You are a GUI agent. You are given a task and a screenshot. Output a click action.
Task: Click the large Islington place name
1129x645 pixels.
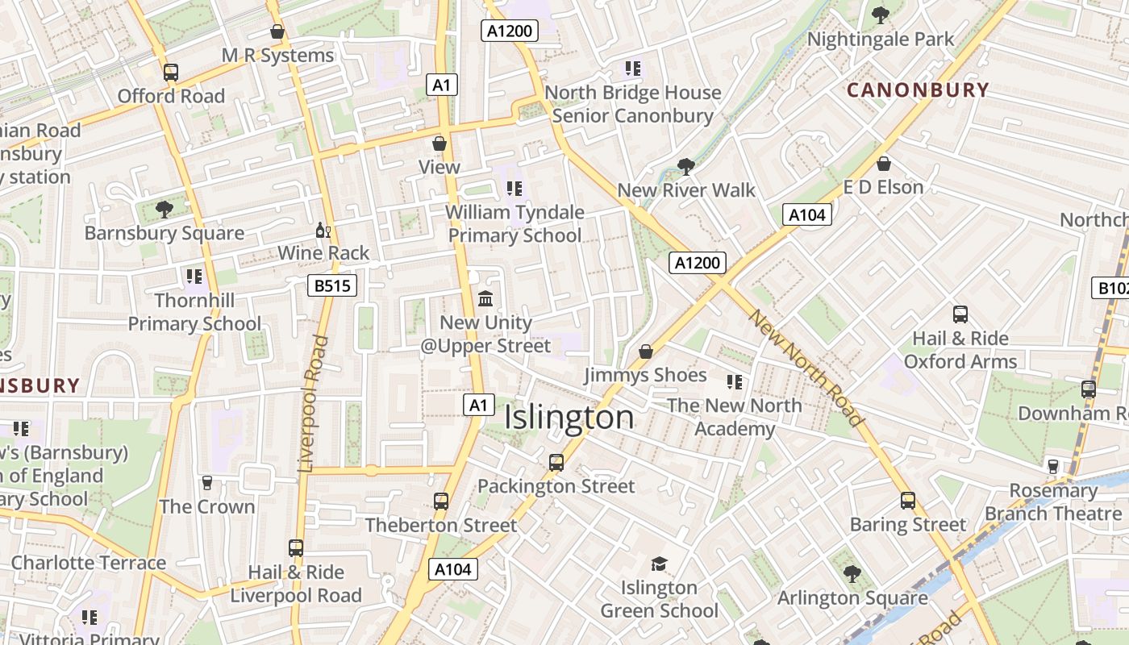(x=569, y=418)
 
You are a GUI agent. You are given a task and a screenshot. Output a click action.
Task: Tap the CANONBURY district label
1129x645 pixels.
(x=918, y=89)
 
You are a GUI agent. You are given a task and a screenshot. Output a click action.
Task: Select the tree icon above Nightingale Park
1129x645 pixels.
(x=881, y=15)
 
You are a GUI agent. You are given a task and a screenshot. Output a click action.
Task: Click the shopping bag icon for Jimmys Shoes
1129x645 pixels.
(x=645, y=352)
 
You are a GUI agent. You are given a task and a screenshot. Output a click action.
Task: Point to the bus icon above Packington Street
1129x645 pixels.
(x=556, y=463)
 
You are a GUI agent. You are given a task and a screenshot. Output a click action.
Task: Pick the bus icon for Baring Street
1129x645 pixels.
(x=908, y=501)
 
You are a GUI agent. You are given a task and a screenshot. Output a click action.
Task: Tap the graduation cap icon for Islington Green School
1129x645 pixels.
(x=659, y=564)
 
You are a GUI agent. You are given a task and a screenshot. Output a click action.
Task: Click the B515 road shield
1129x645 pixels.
(x=331, y=285)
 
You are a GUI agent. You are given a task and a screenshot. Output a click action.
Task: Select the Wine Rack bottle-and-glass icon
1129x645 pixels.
(x=323, y=231)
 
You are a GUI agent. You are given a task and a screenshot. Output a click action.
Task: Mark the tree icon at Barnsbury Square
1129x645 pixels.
(x=165, y=210)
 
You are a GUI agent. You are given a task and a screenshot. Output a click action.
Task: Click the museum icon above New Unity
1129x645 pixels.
(x=485, y=299)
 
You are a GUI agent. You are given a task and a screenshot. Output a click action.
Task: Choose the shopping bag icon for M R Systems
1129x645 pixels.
(x=277, y=32)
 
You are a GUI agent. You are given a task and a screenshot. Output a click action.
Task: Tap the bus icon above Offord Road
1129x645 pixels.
(x=171, y=73)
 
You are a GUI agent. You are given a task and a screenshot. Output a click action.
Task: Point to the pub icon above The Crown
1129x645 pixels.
(x=207, y=483)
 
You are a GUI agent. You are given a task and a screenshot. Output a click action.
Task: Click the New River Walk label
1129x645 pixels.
(x=686, y=190)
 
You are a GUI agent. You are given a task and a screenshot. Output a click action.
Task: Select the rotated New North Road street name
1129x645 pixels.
(x=806, y=368)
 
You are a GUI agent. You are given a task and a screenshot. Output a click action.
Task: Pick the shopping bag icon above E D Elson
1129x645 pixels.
(x=884, y=164)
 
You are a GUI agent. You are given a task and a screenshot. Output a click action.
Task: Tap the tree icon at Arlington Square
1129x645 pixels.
(x=852, y=575)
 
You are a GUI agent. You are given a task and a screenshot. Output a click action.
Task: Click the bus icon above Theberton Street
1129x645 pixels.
(x=441, y=501)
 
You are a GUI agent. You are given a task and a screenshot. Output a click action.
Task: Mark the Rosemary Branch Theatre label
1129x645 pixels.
(x=1052, y=501)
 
